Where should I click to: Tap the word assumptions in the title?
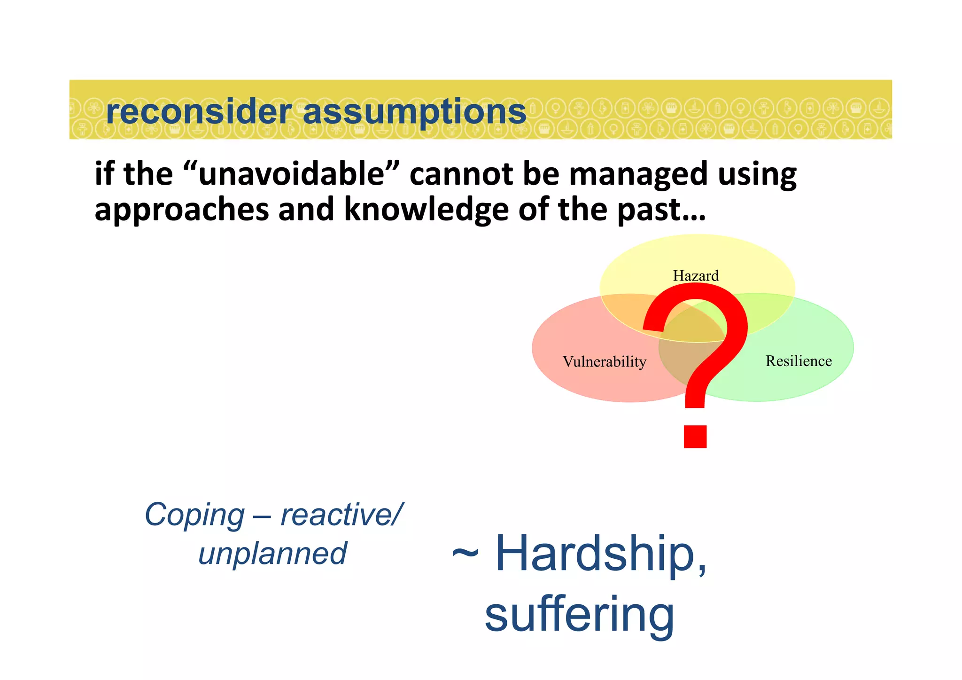pyautogui.click(x=414, y=113)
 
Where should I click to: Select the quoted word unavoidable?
pyautogui.click(x=292, y=174)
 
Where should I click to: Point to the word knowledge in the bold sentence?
pyautogui.click(x=427, y=210)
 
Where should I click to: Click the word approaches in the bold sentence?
pyautogui.click(x=182, y=211)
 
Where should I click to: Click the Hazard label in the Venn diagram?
pyautogui.click(x=696, y=276)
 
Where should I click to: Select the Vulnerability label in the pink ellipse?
pyautogui.click(x=605, y=362)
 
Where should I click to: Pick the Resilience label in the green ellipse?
pyautogui.click(x=799, y=361)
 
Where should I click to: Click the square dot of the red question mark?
pyautogui.click(x=695, y=436)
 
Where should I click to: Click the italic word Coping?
pyautogui.click(x=194, y=516)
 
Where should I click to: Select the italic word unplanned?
pyautogui.click(x=272, y=554)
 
